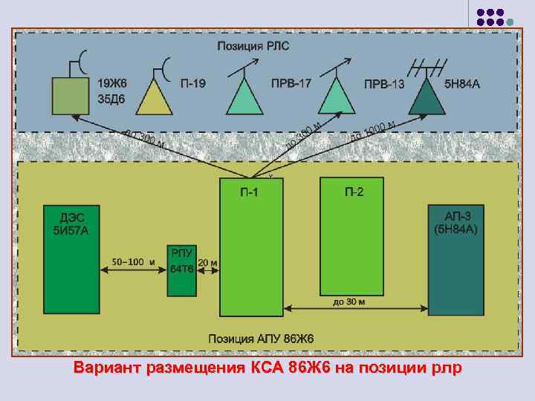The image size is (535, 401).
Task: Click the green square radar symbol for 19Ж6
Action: (71, 97)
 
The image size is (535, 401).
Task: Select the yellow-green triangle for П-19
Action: (155, 97)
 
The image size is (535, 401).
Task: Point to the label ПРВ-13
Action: (384, 84)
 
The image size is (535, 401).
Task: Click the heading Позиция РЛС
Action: (253, 46)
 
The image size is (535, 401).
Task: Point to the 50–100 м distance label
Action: (133, 261)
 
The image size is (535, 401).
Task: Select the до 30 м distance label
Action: (349, 302)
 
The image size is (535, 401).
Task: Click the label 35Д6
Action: (112, 97)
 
